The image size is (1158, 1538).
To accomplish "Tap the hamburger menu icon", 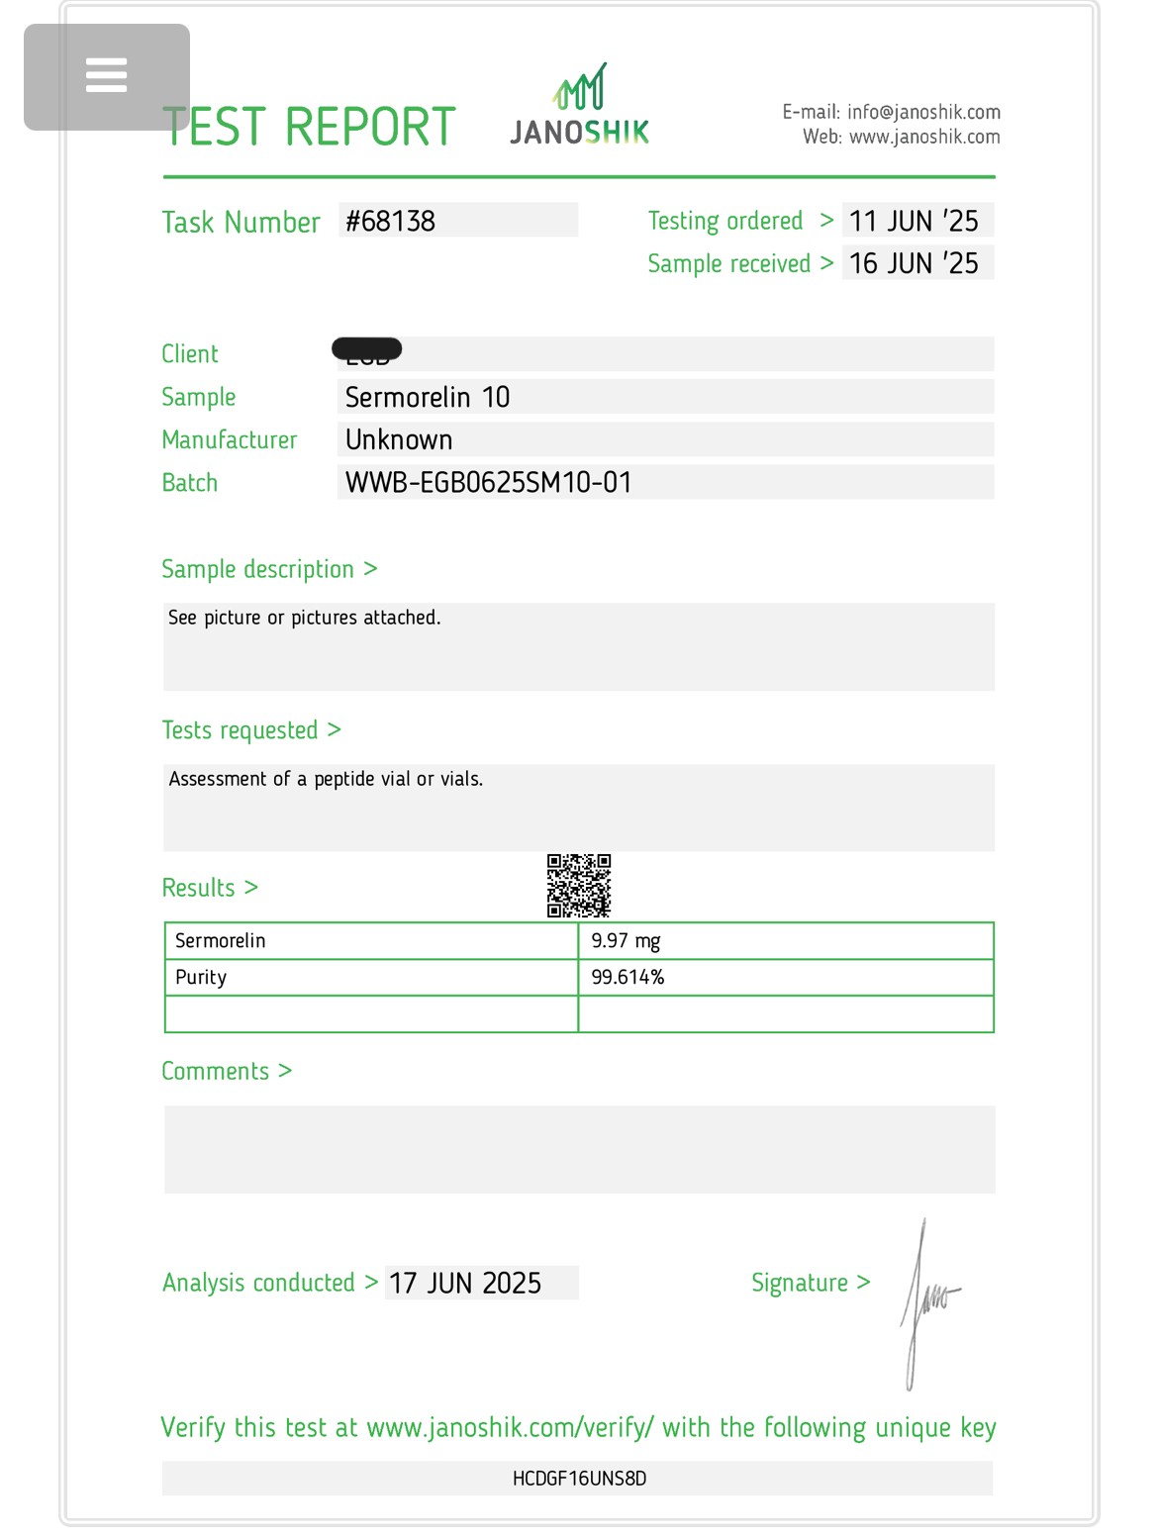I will [106, 75].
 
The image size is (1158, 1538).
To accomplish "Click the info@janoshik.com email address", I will [922, 112].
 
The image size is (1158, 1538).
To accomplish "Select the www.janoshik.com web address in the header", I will [924, 137].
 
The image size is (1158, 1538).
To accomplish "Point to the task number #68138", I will [390, 221].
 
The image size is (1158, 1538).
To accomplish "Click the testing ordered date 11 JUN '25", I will [914, 221].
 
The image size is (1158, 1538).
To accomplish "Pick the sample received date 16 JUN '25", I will [914, 263].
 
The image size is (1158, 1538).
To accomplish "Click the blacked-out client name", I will [367, 350].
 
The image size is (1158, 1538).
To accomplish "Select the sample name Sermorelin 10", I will [428, 397].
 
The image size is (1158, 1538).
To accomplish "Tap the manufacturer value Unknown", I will [399, 439].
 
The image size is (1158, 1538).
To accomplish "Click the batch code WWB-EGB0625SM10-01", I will [488, 482].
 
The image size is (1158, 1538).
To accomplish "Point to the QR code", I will [579, 886].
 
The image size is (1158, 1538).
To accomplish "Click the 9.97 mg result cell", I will [626, 940].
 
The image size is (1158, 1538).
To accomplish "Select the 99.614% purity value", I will [627, 977].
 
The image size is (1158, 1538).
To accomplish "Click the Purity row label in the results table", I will [201, 977].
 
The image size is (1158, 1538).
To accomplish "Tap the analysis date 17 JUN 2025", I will [465, 1283].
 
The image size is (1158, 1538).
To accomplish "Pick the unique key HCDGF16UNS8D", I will [579, 1479].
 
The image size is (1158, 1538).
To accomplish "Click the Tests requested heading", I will [241, 730].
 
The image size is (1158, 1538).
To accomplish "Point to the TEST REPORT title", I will [309, 127].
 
